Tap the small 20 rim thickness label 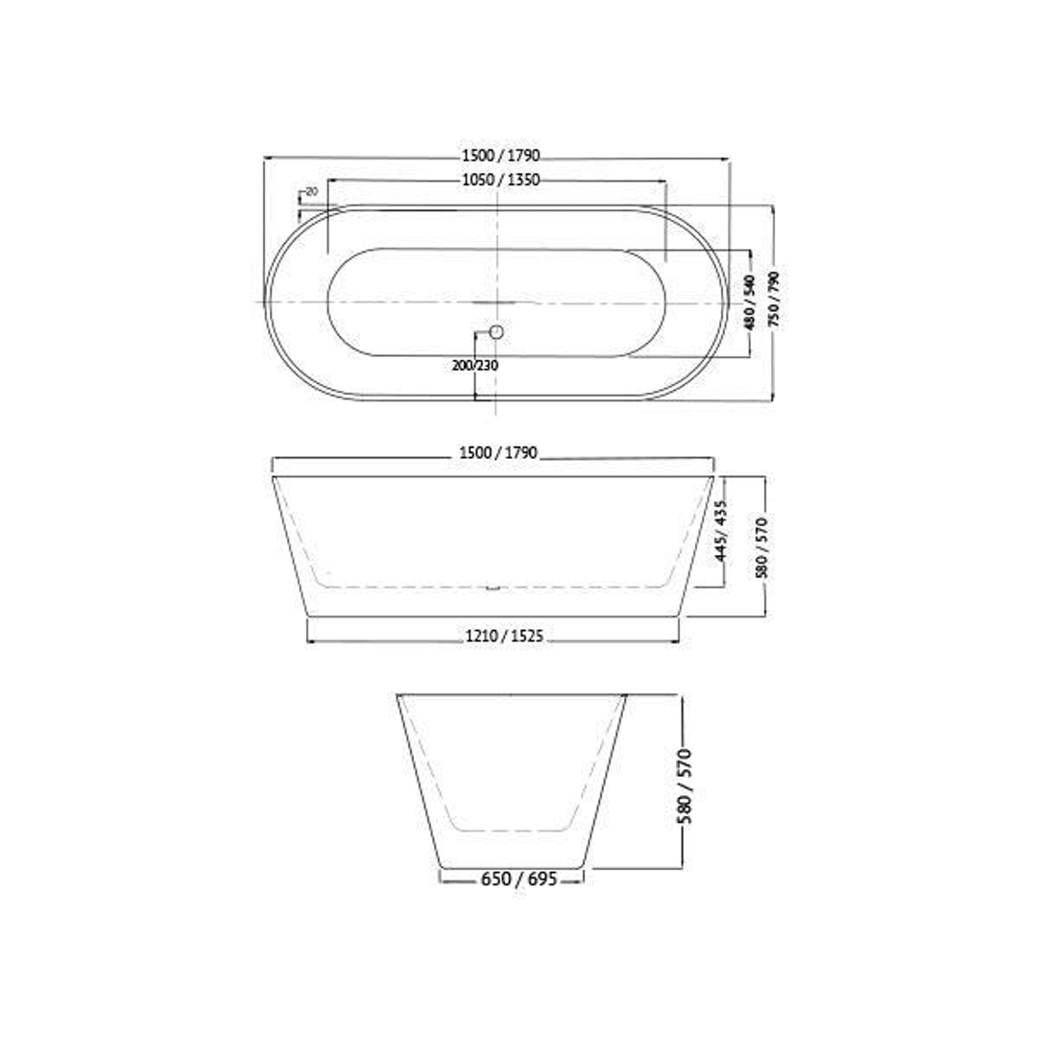pos(311,192)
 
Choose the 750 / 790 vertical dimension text pos(772,300)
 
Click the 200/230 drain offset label pos(475,365)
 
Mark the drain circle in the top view pos(496,332)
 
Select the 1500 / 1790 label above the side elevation pos(498,452)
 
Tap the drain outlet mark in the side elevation pos(494,588)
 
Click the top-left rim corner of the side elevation pos(273,476)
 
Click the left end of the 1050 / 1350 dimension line pos(328,180)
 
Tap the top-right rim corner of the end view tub pos(626,695)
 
